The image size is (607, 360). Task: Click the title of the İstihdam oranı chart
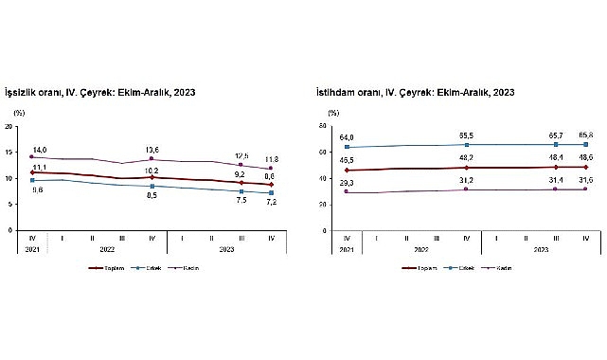(x=416, y=93)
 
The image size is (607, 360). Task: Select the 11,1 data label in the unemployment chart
(x=40, y=166)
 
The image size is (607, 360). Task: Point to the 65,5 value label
(x=465, y=136)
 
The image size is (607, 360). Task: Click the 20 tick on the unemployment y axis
(x=9, y=126)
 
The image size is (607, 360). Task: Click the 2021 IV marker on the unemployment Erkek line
(x=33, y=180)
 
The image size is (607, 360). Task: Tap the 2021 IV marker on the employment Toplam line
(x=348, y=171)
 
